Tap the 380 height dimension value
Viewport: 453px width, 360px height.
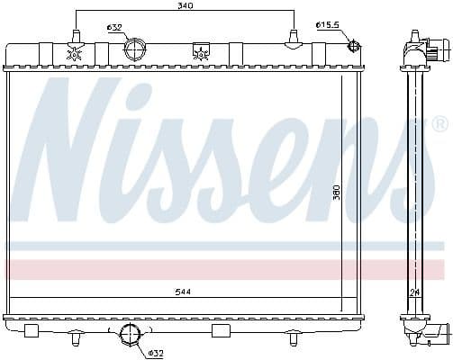click(x=336, y=193)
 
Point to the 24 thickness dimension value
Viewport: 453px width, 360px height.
click(x=414, y=292)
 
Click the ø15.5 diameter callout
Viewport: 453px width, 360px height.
click(x=328, y=24)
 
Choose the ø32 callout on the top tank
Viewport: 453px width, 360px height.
click(x=114, y=28)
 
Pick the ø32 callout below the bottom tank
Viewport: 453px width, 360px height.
click(x=154, y=352)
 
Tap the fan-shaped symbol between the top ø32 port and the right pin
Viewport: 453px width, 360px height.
click(x=200, y=53)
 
